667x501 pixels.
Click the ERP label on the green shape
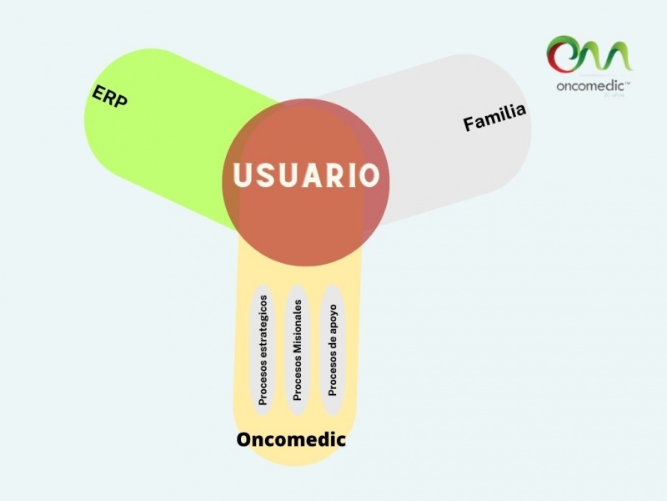[109, 99]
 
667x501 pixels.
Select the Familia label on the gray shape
[495, 118]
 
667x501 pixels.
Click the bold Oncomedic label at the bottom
[291, 439]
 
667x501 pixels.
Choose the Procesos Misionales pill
[298, 349]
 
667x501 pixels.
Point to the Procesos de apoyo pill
[333, 349]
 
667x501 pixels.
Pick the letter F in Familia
[469, 124]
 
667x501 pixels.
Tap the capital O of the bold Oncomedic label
[244, 439]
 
